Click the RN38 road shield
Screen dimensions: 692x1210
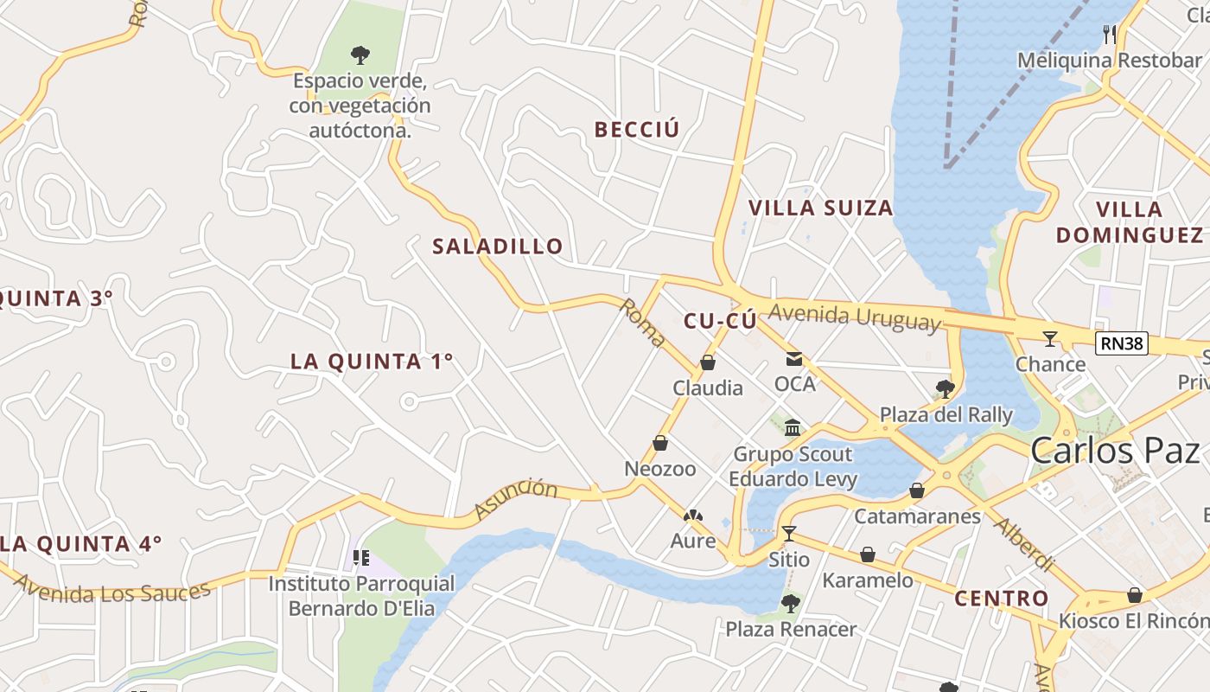coord(1123,343)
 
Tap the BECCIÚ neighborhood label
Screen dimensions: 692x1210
coord(637,130)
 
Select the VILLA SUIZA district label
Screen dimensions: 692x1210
coord(820,208)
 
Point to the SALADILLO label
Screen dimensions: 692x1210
coord(498,247)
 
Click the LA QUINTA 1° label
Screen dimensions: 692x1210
coord(372,362)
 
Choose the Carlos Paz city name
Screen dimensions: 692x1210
coord(1115,451)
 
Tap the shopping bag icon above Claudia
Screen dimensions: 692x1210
coord(708,362)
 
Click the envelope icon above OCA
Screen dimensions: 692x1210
coord(793,359)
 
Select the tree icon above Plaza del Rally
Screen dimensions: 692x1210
coord(945,388)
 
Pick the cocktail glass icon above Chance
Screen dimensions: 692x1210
coord(1050,338)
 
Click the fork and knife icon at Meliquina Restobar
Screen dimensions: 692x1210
coord(1110,35)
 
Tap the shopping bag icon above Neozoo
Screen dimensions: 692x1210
coord(660,443)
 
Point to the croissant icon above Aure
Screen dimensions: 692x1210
coord(693,516)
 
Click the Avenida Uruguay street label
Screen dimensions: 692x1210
coord(853,317)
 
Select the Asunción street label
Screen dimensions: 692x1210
coord(516,499)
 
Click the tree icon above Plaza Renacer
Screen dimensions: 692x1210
coord(790,603)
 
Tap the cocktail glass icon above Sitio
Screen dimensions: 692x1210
coord(788,533)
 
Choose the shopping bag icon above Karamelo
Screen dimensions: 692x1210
coord(868,554)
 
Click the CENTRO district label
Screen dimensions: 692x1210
coord(1001,598)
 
